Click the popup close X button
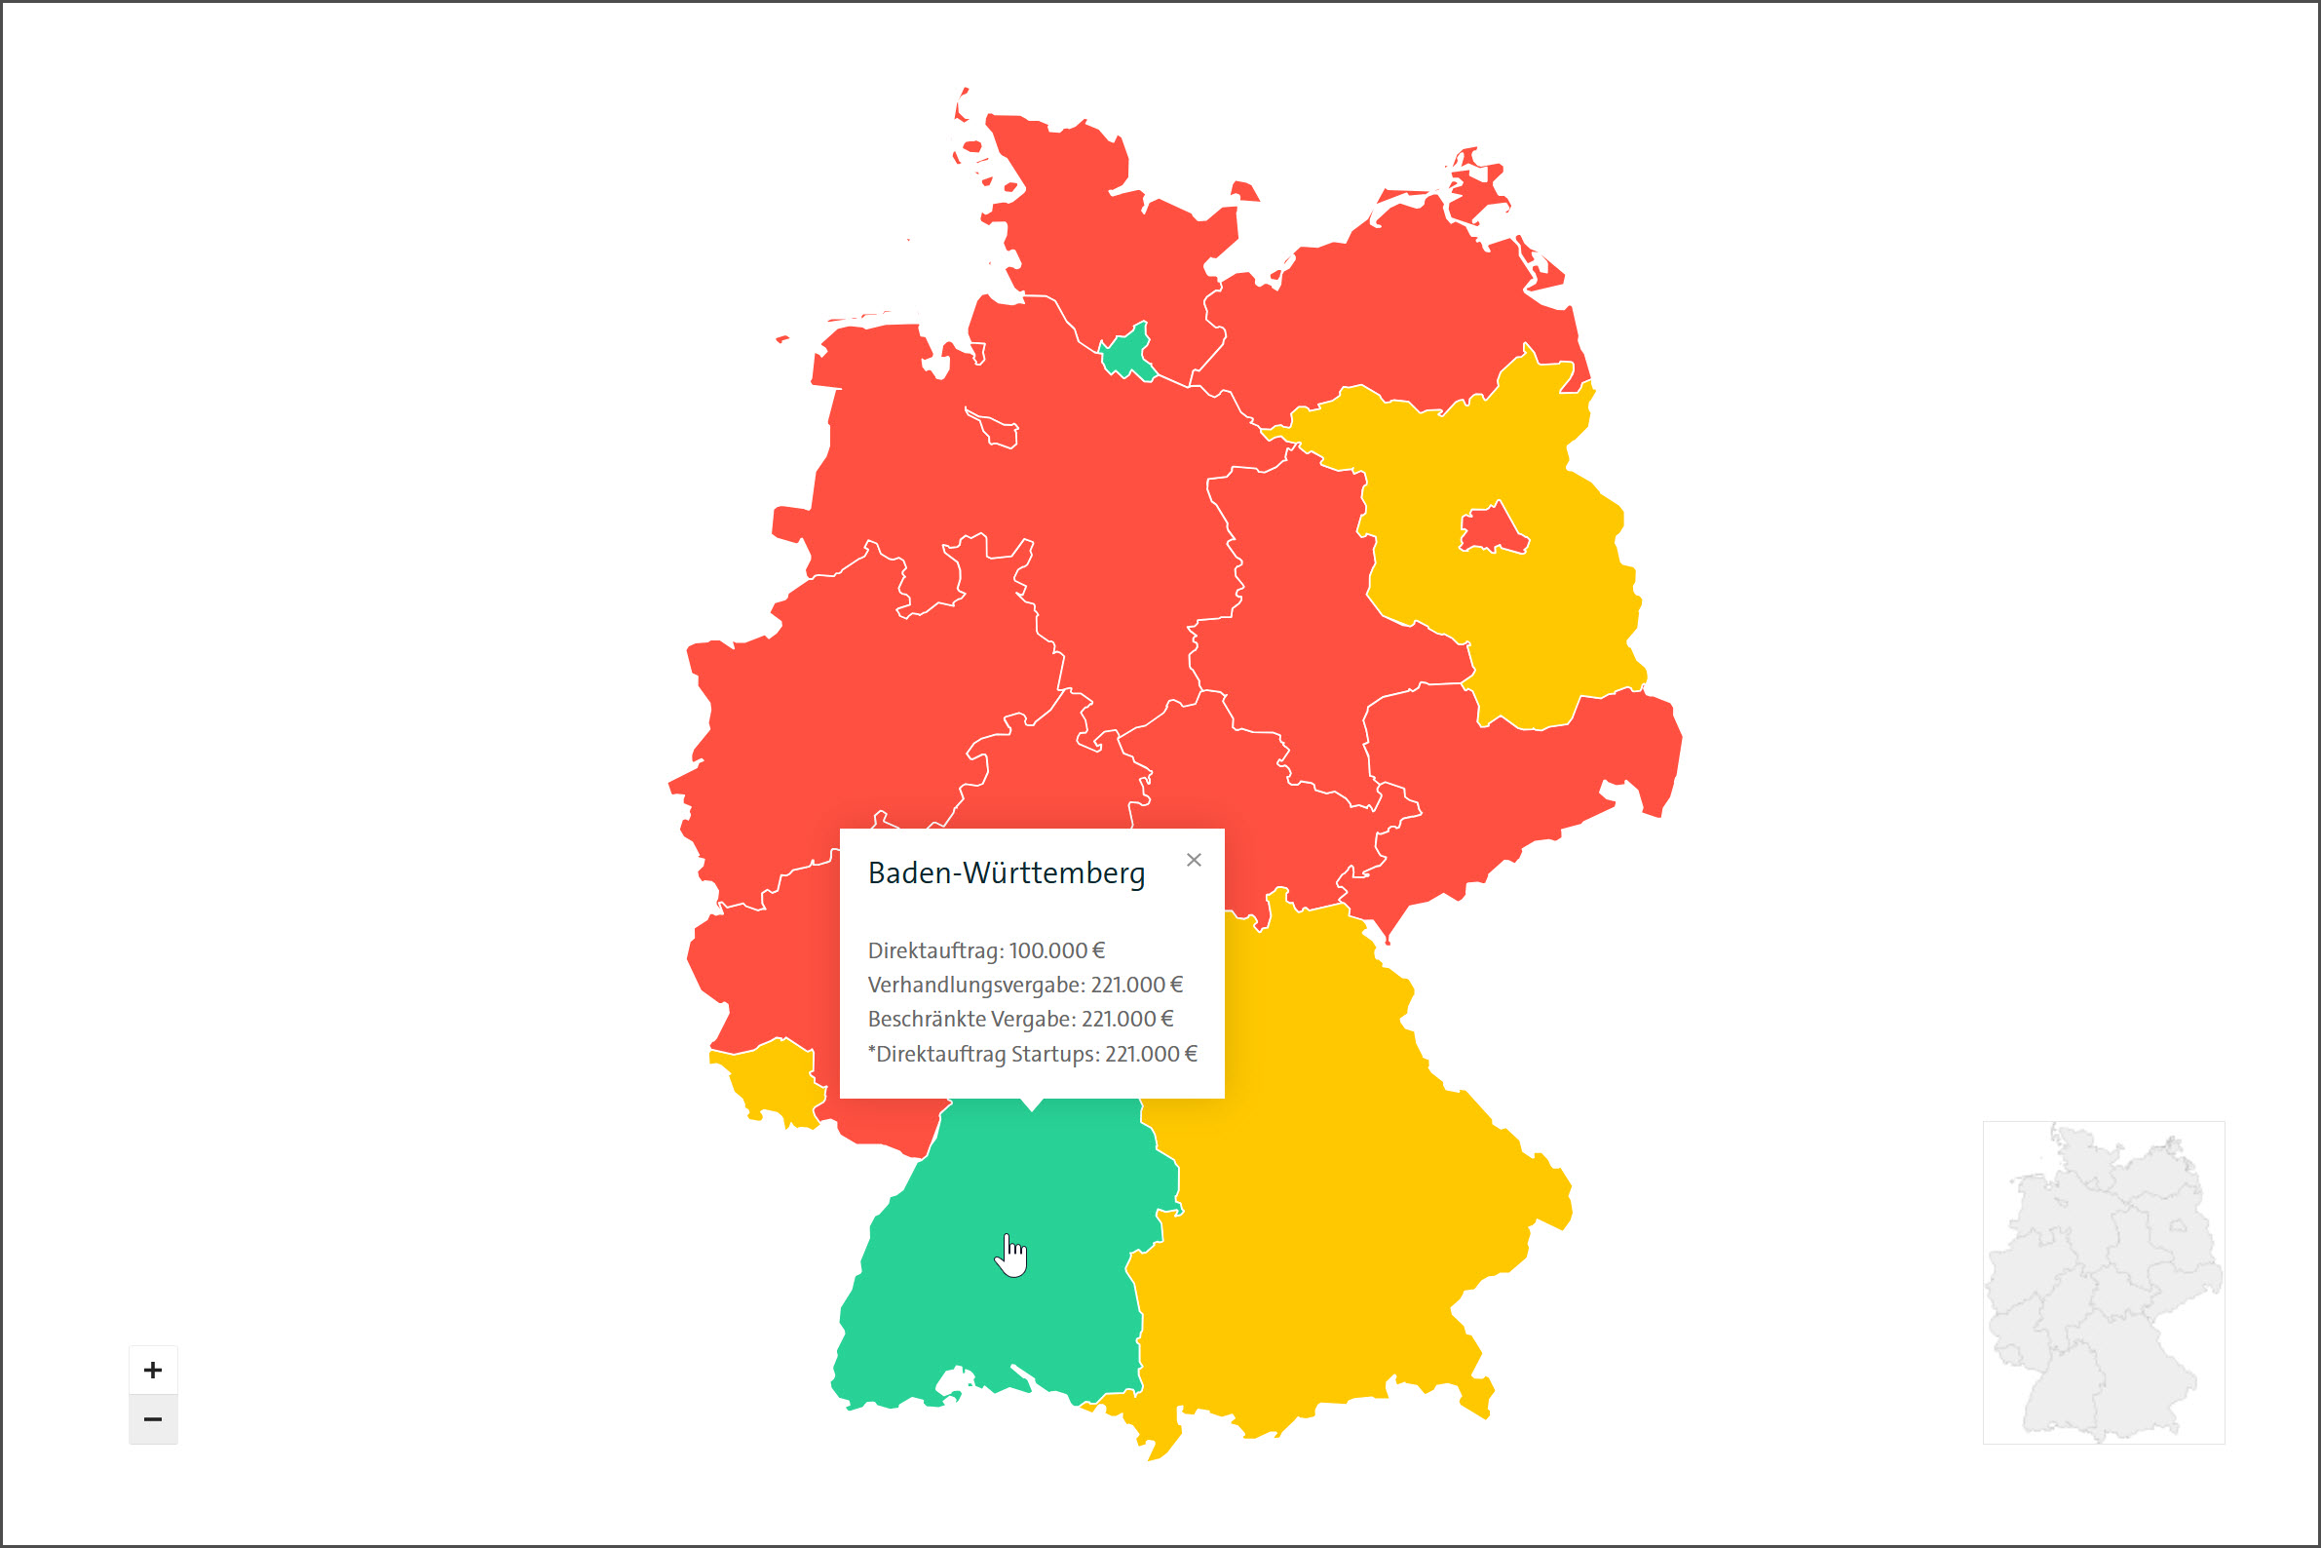click(1194, 860)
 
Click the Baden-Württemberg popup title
click(1007, 873)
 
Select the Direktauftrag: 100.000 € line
click(986, 950)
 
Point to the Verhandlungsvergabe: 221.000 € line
click(1024, 986)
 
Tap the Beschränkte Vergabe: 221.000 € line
click(1020, 1019)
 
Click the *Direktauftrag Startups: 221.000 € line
click(1032, 1054)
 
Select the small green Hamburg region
click(1125, 354)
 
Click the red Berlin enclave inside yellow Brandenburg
click(1493, 530)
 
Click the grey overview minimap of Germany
click(2103, 1282)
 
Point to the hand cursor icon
click(1010, 1255)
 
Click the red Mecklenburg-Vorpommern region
click(1401, 306)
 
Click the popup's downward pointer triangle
click(1032, 1103)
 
